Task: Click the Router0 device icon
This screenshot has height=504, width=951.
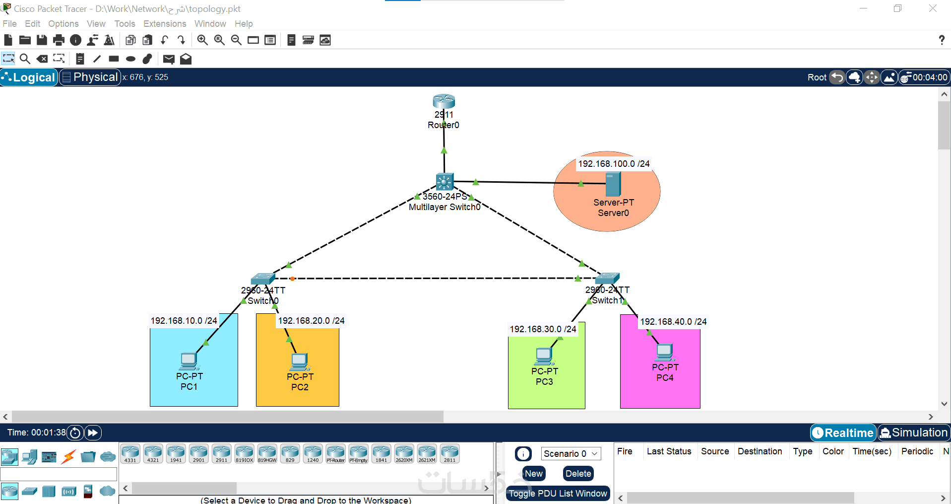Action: tap(444, 101)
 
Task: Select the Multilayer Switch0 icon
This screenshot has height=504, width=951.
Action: tap(444, 182)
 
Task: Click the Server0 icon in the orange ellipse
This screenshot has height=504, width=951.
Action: tap(613, 184)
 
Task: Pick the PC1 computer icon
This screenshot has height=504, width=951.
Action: tap(189, 361)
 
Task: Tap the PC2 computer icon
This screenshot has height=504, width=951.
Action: tap(300, 362)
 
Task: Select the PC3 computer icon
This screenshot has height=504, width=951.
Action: tap(544, 356)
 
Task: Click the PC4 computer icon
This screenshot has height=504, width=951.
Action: tap(664, 352)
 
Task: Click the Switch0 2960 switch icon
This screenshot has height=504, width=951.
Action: tap(262, 279)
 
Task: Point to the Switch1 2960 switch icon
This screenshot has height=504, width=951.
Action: tap(607, 278)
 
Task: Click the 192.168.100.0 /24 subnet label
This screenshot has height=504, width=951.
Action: tap(614, 164)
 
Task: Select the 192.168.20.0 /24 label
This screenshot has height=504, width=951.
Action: tap(311, 321)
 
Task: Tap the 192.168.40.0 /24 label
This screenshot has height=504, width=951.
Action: tap(673, 322)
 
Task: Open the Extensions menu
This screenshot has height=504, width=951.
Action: tap(165, 24)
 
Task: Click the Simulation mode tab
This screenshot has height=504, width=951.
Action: tap(914, 433)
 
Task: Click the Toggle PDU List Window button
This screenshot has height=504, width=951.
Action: tap(558, 494)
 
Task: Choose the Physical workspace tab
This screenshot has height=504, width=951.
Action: tap(90, 77)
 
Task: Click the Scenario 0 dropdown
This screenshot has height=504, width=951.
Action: tap(571, 453)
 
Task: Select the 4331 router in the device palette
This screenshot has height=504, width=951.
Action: tap(130, 453)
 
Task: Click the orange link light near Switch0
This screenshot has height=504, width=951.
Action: tap(292, 279)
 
